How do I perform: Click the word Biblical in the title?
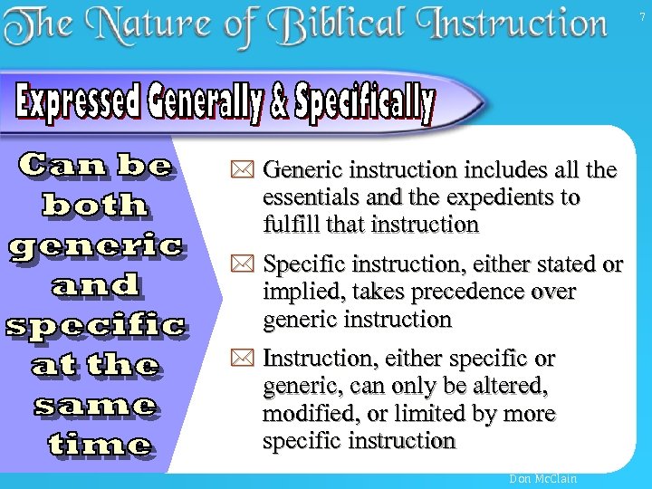click(x=354, y=26)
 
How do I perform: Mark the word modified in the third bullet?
click(x=302, y=415)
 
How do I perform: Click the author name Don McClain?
click(x=543, y=478)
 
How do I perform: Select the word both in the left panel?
click(x=95, y=205)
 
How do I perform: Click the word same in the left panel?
click(x=95, y=405)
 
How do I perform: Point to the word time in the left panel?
click(x=100, y=444)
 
